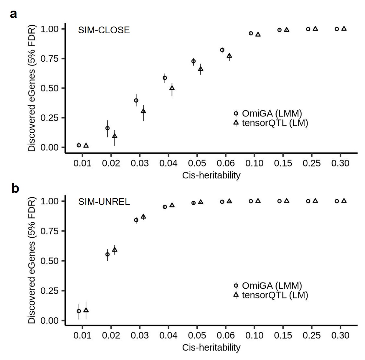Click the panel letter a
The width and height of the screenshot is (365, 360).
14,14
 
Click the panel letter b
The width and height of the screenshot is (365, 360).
15,188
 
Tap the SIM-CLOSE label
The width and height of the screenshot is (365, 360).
104,30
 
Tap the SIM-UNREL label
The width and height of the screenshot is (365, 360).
104,202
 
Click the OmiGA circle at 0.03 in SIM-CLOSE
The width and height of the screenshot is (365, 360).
136,100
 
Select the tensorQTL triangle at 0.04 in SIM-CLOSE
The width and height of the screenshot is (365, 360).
172,88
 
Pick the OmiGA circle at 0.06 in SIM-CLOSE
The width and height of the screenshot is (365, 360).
222,50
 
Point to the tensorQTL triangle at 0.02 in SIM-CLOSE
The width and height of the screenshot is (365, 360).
115,136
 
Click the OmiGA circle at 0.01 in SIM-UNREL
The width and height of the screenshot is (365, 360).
79,311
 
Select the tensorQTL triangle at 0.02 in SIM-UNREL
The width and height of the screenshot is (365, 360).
115,250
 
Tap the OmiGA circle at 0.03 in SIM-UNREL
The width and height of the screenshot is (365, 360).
136,220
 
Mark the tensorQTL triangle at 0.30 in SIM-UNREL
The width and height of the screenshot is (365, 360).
344,201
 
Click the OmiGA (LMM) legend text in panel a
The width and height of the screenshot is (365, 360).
272,113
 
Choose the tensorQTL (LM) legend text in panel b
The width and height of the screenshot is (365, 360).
275,295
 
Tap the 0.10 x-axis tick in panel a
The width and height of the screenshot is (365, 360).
254,163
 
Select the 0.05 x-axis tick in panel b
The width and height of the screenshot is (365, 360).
197,335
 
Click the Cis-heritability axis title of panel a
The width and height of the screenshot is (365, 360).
211,175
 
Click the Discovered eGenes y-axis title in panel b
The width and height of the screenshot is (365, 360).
32,261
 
